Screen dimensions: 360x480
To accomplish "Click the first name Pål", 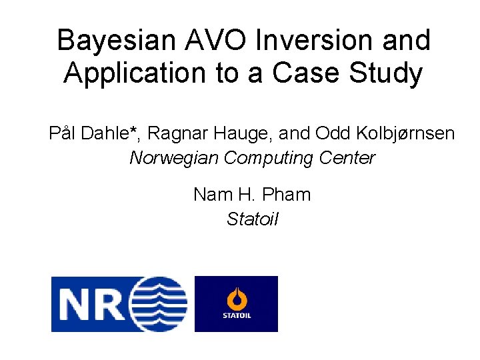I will pos(63,134).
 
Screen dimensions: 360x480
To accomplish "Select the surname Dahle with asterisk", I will pos(111,134).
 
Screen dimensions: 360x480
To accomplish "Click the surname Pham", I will pos(287,195).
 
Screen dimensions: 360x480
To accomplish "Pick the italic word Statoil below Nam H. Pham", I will pos(252,219).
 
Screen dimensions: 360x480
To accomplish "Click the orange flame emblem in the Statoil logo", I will pos(236,298).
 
